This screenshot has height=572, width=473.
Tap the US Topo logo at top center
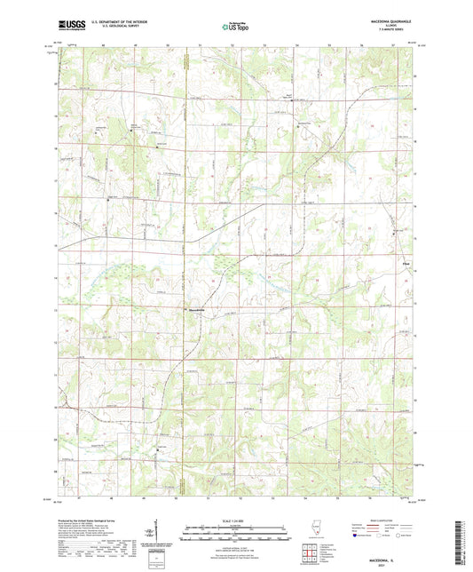pos(235,27)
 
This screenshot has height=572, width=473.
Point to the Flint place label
pos(406,261)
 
